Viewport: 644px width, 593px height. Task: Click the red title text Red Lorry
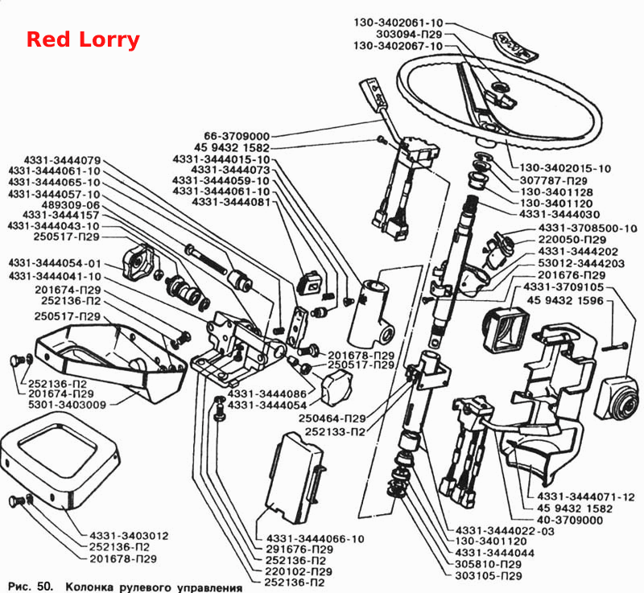coord(83,40)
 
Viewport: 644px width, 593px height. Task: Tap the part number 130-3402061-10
coord(398,23)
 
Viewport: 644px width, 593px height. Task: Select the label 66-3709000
coord(237,136)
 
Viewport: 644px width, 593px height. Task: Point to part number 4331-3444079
coord(62,160)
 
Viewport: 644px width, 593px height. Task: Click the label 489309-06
coord(71,205)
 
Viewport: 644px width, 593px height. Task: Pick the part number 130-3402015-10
coord(565,168)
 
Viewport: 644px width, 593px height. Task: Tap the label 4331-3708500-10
coord(588,229)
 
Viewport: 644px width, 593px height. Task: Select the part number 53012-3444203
coord(581,263)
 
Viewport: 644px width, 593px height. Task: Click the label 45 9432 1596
coord(565,301)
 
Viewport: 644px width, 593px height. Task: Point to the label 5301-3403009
coord(68,405)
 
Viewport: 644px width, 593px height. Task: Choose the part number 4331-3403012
coord(129,536)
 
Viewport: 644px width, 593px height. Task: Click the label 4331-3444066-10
coord(315,539)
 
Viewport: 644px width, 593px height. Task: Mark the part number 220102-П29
coord(299,571)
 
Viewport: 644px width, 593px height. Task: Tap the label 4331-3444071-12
coord(586,497)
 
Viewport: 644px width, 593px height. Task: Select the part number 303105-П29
coord(489,576)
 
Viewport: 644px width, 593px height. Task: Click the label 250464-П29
coord(332,418)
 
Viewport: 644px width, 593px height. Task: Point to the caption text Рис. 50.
coord(31,587)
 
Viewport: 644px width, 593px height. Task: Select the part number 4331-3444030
coord(559,214)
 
